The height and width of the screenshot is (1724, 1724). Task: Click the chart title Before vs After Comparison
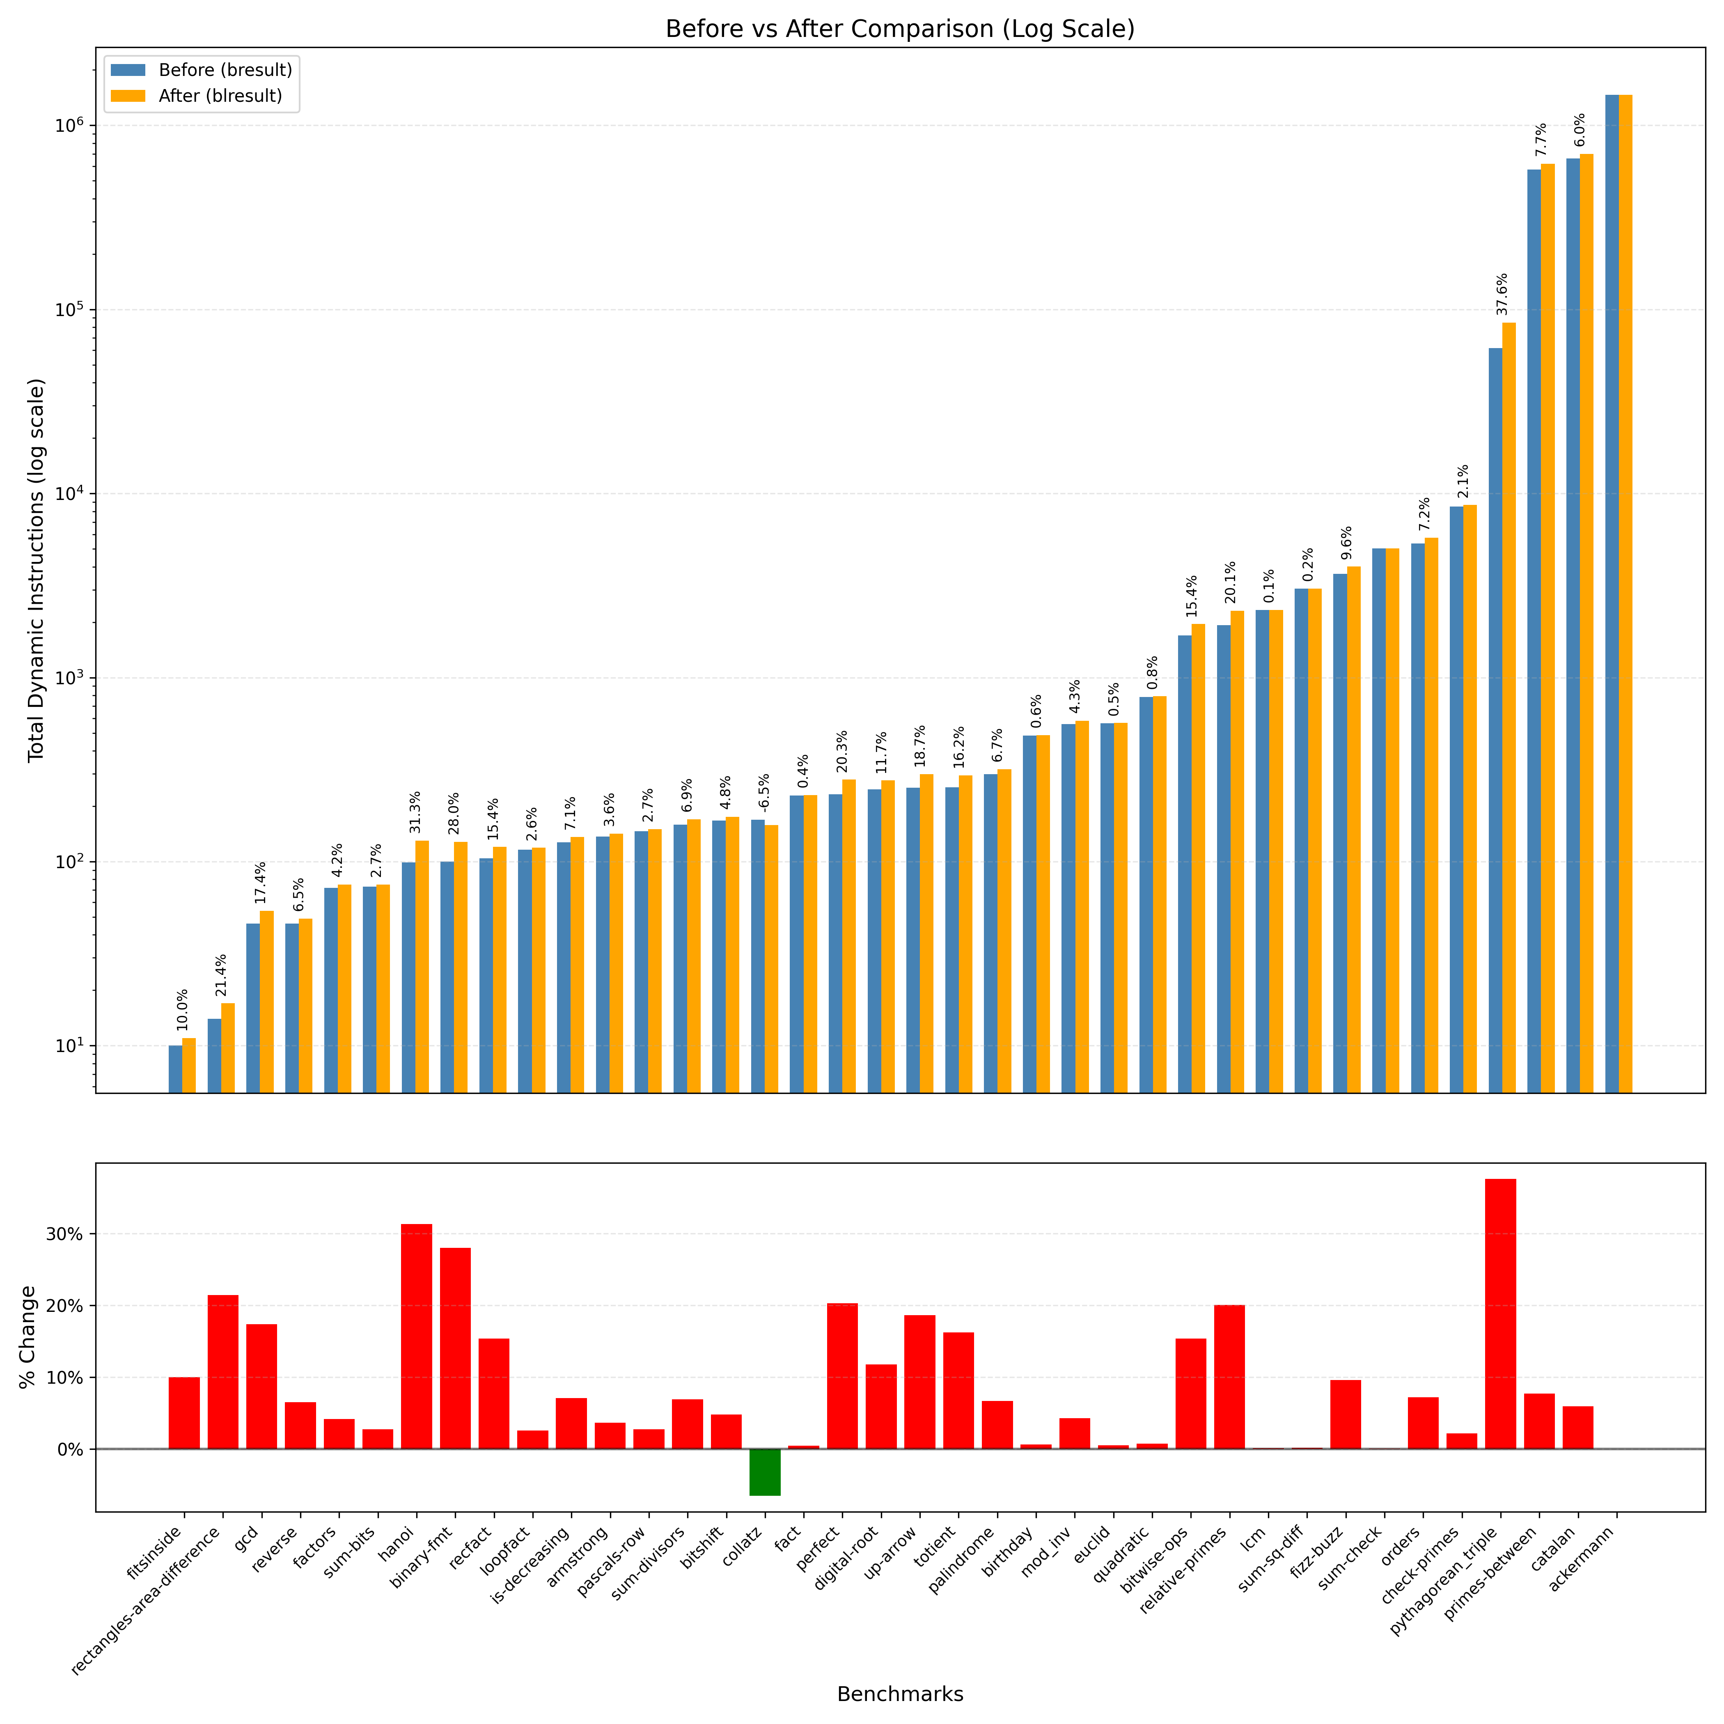pyautogui.click(x=899, y=30)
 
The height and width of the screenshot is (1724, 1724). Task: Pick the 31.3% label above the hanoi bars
pyautogui.click(x=415, y=812)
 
